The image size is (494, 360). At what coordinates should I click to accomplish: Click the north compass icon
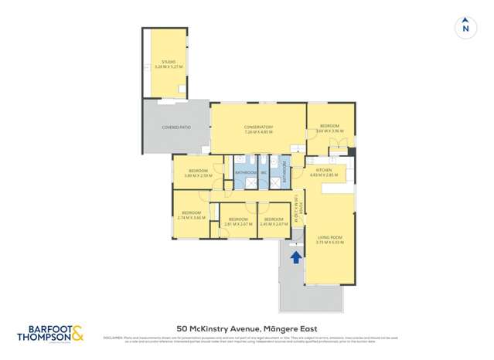465,26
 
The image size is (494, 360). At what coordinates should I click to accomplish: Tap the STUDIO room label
169,62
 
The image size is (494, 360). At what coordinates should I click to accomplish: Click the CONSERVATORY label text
258,127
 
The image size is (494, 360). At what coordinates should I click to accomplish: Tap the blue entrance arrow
294,256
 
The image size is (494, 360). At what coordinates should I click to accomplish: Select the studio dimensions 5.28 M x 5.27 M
169,67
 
